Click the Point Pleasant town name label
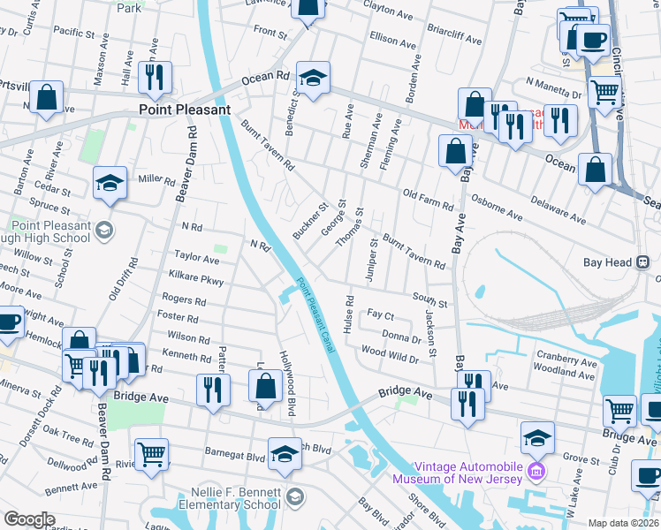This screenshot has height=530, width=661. [184, 110]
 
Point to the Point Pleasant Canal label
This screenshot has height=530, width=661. [315, 316]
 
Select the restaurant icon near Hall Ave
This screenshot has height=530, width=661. [155, 78]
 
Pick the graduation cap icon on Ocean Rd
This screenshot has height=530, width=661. [312, 79]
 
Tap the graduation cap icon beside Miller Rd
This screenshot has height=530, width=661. [110, 183]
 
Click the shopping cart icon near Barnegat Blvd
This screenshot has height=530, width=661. [152, 454]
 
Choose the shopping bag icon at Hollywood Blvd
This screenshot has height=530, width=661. [266, 386]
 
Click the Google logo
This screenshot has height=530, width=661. [29, 519]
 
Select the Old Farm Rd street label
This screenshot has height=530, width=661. [427, 200]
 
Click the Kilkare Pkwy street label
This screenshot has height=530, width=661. [199, 280]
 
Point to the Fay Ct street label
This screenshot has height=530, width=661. [380, 315]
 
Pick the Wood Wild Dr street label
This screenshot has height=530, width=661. [390, 354]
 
